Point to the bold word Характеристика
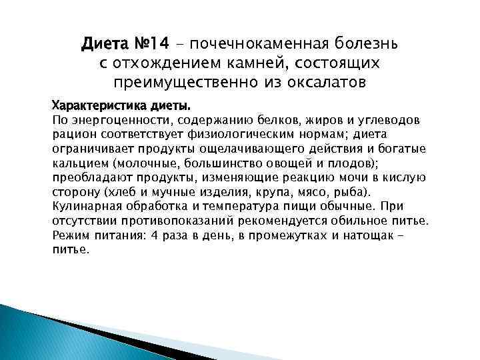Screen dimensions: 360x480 point(98,105)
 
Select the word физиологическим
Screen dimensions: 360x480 point(249,134)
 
